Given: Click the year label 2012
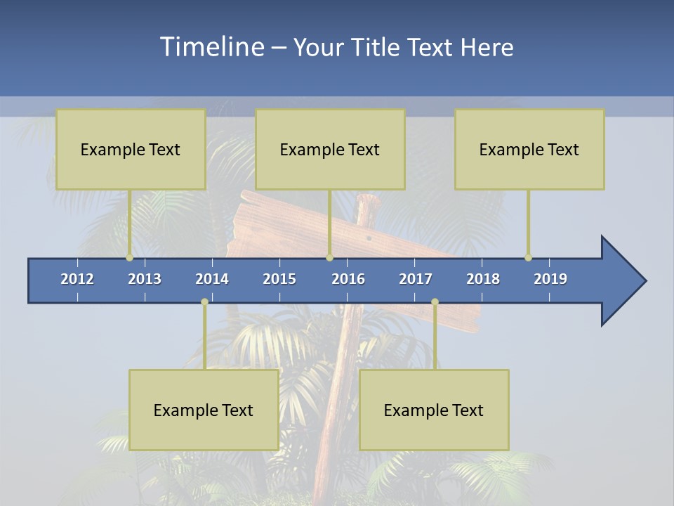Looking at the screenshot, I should (x=77, y=279).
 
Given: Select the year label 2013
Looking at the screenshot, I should (x=145, y=279).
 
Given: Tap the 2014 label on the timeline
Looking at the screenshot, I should (x=212, y=279).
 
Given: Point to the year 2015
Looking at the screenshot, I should (x=279, y=279).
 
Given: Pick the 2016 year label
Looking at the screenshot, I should (x=348, y=279).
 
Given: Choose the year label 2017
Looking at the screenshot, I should (x=416, y=279).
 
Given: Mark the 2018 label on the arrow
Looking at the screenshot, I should (x=483, y=279).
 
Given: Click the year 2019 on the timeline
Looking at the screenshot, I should (x=550, y=279).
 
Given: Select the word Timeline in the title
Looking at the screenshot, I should (x=211, y=47).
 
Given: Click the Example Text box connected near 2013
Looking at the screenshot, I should (x=131, y=149).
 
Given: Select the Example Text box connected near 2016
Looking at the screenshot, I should (x=330, y=149).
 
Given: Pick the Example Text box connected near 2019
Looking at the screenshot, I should (x=529, y=149).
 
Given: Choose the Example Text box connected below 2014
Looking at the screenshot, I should (x=204, y=410).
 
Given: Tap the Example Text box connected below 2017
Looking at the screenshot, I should (x=434, y=410).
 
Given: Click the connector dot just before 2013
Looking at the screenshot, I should (x=129, y=258).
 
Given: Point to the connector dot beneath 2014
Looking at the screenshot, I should (x=204, y=302).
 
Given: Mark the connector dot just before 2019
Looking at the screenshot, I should (x=528, y=258).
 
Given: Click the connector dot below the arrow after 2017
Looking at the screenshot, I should (x=435, y=302).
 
